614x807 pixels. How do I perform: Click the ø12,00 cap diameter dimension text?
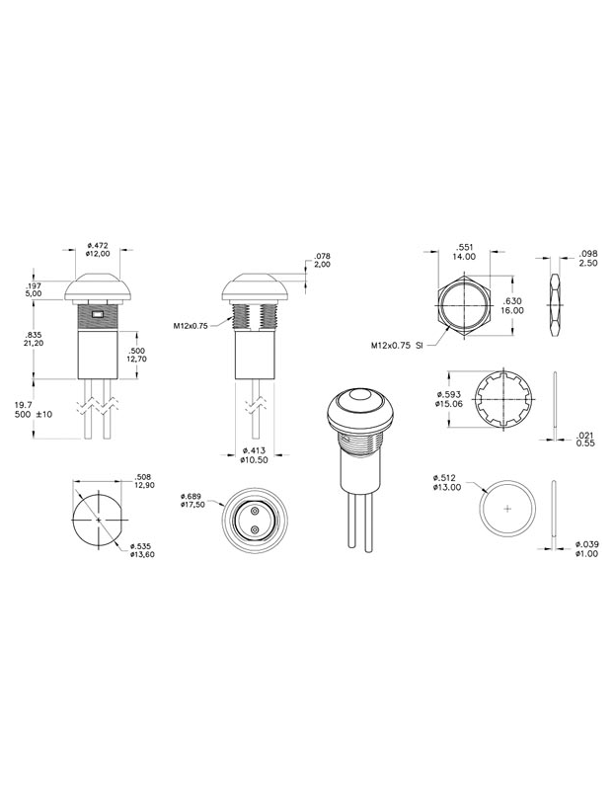[x=98, y=254]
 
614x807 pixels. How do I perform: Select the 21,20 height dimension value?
[x=33, y=346]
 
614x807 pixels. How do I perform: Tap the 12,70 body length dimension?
[x=138, y=360]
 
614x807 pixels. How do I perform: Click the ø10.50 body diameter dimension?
[x=257, y=459]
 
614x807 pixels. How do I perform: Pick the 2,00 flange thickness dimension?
[x=322, y=266]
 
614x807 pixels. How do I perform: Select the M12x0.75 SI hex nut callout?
[x=398, y=346]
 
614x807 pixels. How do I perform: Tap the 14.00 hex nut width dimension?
[x=464, y=256]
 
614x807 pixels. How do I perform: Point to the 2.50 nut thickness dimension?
[x=588, y=263]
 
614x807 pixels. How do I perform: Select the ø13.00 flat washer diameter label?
[x=447, y=485]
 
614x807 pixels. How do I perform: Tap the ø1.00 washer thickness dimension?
[x=587, y=554]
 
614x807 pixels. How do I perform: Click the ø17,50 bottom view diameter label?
[x=196, y=504]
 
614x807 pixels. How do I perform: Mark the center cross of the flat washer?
[x=507, y=508]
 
